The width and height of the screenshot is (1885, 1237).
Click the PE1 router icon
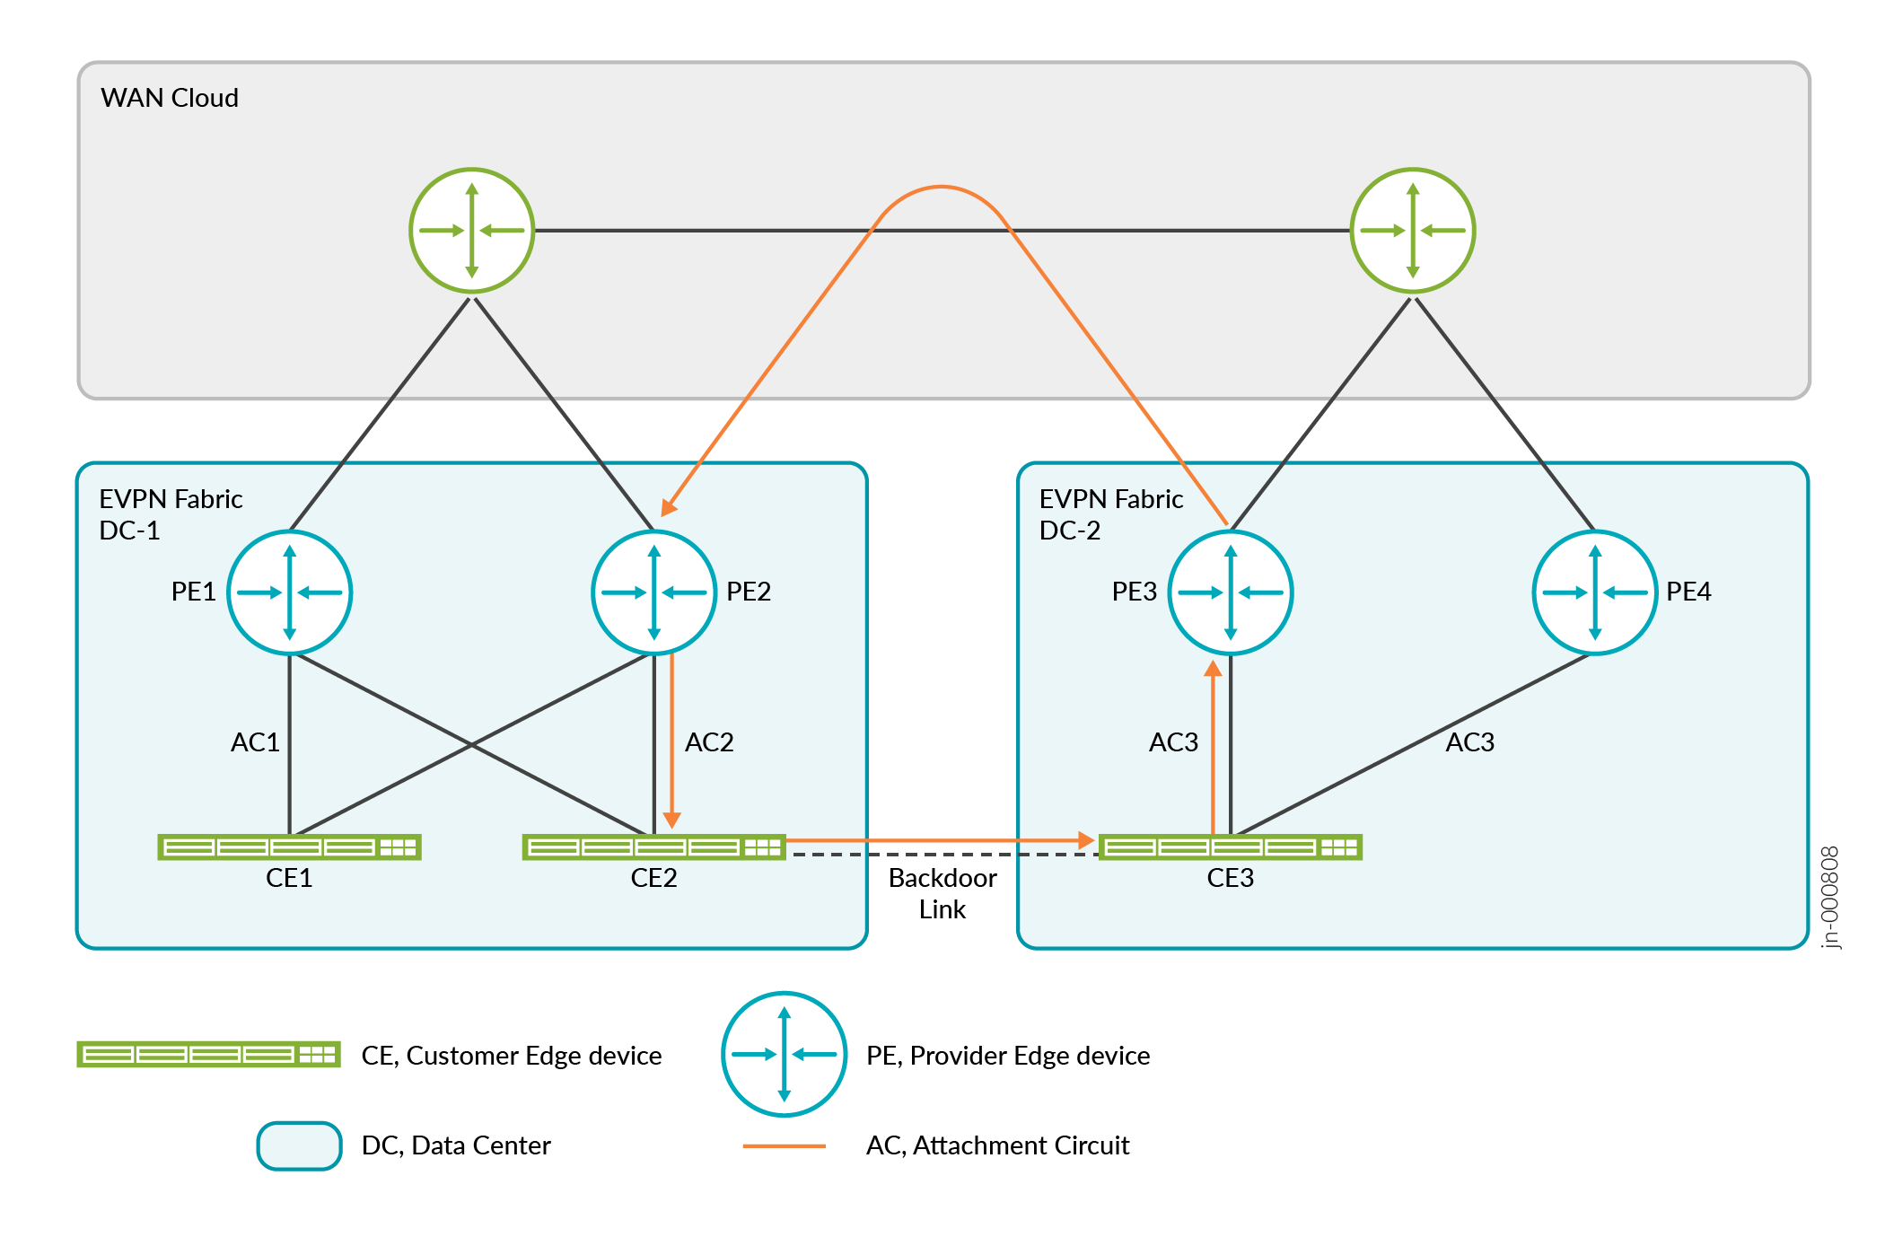pyautogui.click(x=289, y=592)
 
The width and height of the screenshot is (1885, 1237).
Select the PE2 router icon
pyautogui.click(x=654, y=592)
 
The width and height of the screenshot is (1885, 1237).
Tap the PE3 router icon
pyautogui.click(x=1231, y=592)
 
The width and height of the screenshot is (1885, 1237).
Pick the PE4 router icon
pyautogui.click(x=1595, y=592)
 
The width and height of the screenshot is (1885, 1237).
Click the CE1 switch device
pyautogui.click(x=289, y=847)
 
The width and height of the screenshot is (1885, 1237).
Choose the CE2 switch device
pyautogui.click(x=654, y=847)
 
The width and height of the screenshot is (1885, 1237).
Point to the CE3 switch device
pyautogui.click(x=1231, y=847)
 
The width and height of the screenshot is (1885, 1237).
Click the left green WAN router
pyautogui.click(x=472, y=231)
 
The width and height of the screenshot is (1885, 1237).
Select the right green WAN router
pyautogui.click(x=1413, y=231)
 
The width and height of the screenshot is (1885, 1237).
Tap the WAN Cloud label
pyautogui.click(x=170, y=98)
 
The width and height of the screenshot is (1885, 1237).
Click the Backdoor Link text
pyautogui.click(x=942, y=893)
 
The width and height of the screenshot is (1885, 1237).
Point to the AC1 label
pyautogui.click(x=255, y=742)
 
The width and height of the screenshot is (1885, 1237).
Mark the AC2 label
pyautogui.click(x=709, y=742)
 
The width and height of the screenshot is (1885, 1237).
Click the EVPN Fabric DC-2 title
pyautogui.click(x=1111, y=514)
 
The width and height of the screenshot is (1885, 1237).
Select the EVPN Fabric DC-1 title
pyautogui.click(x=171, y=514)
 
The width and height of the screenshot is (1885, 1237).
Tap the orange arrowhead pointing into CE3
pyautogui.click(x=1086, y=840)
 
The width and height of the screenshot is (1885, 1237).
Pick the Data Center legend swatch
pyautogui.click(x=300, y=1145)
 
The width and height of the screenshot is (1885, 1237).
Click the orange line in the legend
pyautogui.click(x=785, y=1146)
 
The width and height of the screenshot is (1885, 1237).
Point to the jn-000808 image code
pyautogui.click(x=1830, y=898)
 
